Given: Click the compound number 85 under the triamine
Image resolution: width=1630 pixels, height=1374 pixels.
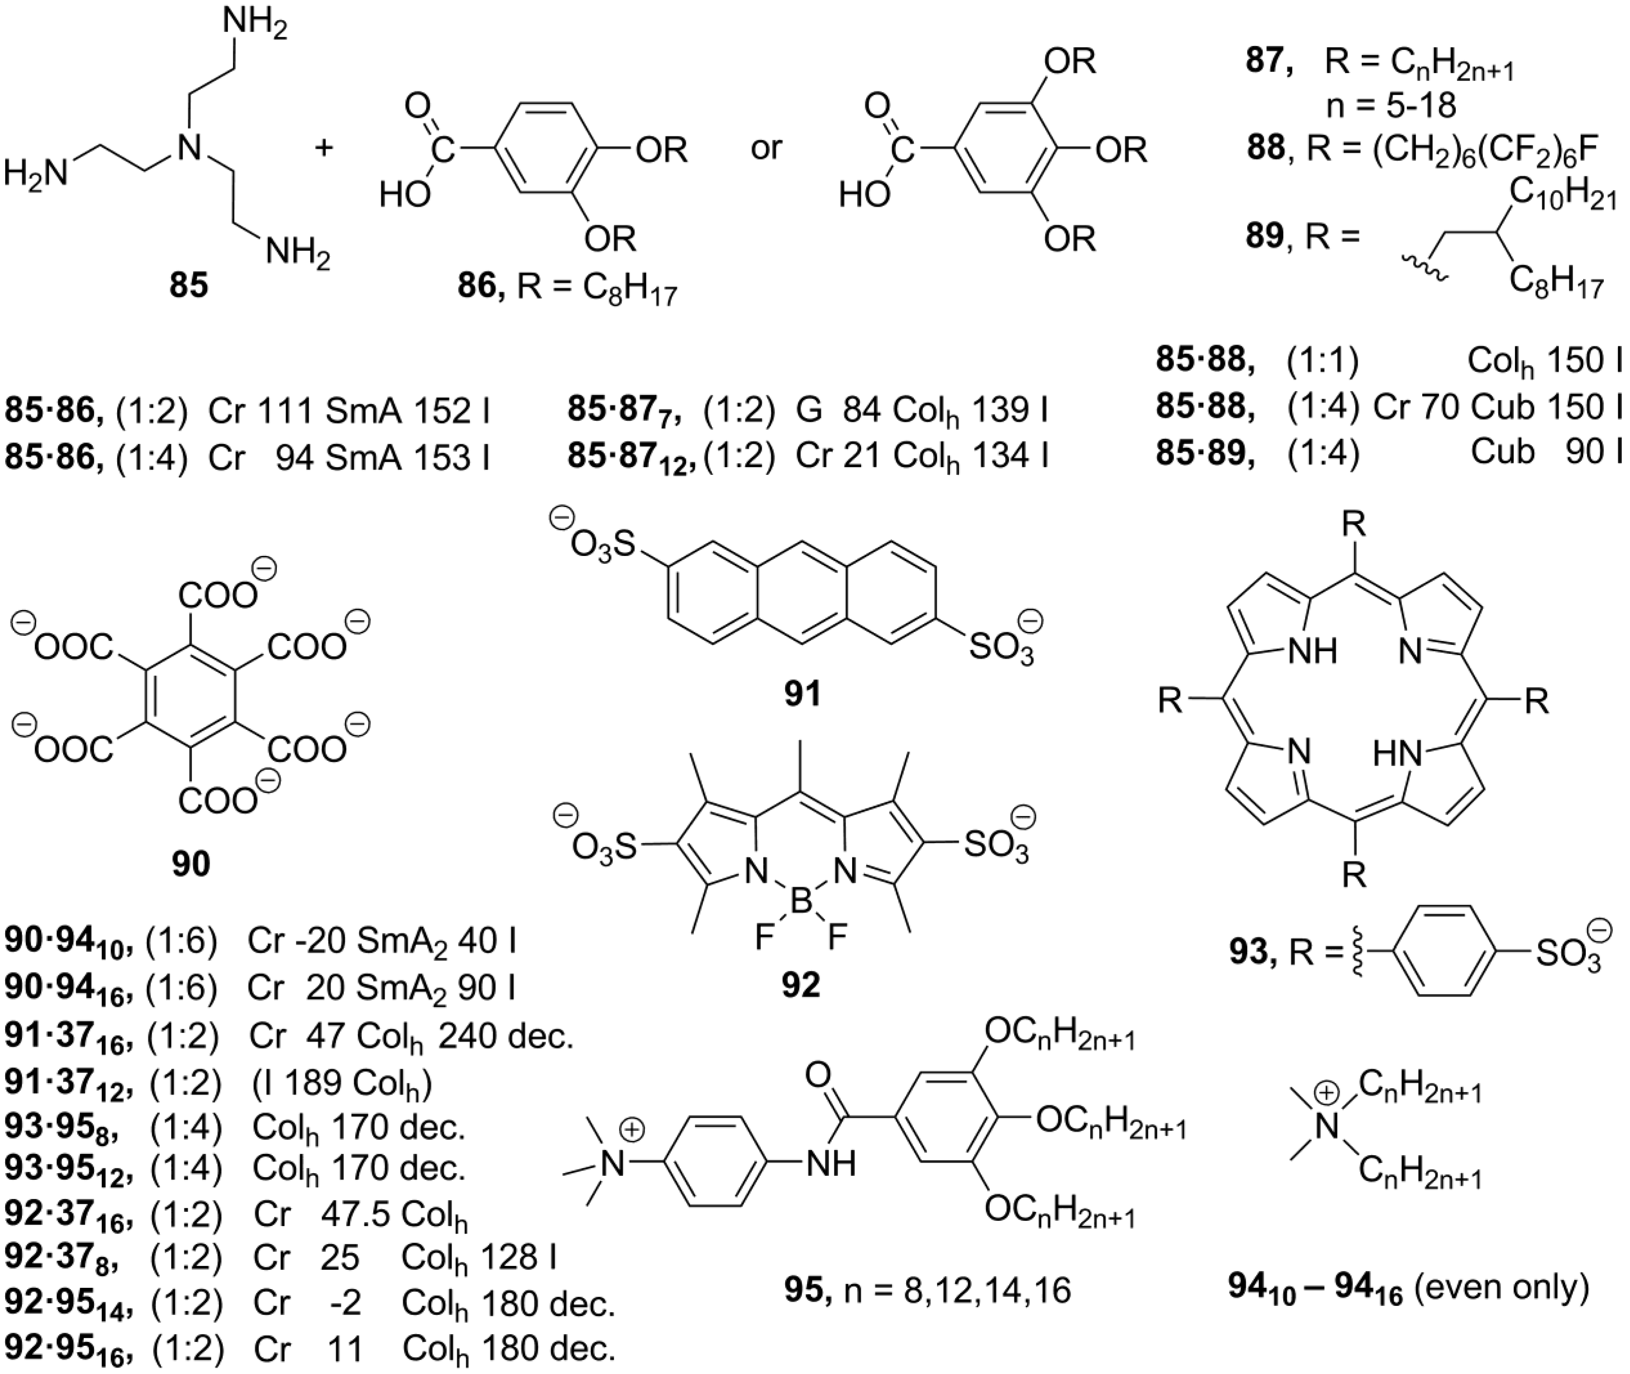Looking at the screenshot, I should pyautogui.click(x=189, y=286).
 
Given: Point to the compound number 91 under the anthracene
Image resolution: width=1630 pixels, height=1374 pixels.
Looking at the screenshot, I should pyautogui.click(x=802, y=692).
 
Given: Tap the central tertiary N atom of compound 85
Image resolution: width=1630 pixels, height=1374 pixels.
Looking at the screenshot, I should pyautogui.click(x=185, y=146).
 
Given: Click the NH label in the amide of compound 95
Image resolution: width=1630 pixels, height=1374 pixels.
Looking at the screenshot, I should pyautogui.click(x=830, y=1163).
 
